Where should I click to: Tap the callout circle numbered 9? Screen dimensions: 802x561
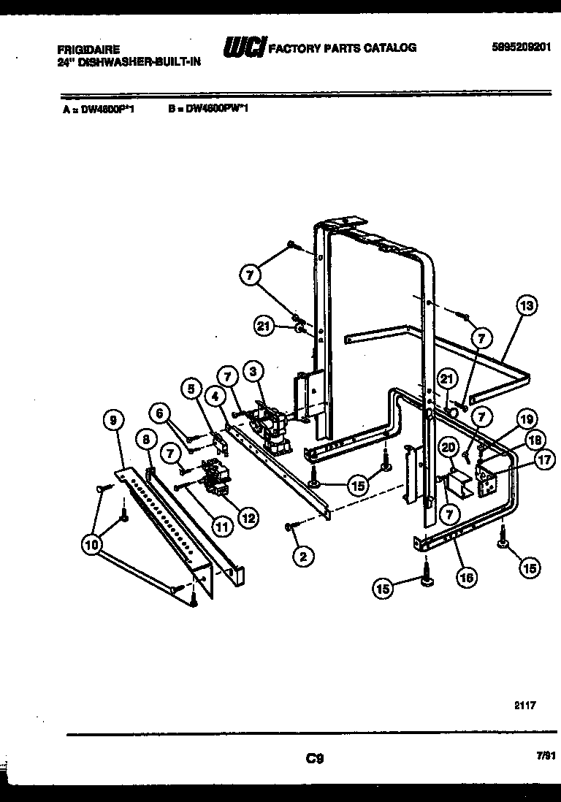[x=113, y=419]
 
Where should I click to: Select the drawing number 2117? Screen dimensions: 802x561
[x=524, y=706]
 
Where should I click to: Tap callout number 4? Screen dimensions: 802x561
[x=215, y=397]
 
